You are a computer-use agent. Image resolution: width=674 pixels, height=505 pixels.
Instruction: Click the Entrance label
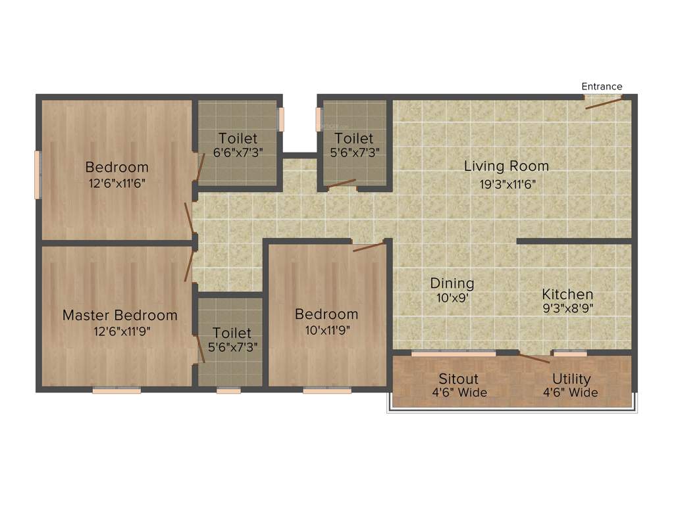pyautogui.click(x=602, y=86)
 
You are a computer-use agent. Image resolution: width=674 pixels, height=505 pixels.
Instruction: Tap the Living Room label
pyautogui.click(x=506, y=166)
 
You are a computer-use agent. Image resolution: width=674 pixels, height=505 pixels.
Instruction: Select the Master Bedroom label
pyautogui.click(x=120, y=315)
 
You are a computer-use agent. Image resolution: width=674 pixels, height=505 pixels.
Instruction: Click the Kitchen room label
pyautogui.click(x=567, y=294)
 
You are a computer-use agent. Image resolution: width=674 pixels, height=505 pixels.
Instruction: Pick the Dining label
pyautogui.click(x=452, y=283)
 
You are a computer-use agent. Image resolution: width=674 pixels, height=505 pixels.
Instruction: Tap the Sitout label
pyautogui.click(x=459, y=379)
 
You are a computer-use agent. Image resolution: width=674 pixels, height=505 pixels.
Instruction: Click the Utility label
pyautogui.click(x=571, y=379)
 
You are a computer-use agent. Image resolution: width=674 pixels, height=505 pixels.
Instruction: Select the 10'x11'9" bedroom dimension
pyautogui.click(x=326, y=330)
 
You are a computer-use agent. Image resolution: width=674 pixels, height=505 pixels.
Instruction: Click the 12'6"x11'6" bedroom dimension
pyautogui.click(x=117, y=183)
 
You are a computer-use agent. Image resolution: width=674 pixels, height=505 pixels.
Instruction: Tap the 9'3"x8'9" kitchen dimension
pyautogui.click(x=567, y=309)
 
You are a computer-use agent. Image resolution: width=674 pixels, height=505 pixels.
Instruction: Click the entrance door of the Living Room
pyautogui.click(x=603, y=101)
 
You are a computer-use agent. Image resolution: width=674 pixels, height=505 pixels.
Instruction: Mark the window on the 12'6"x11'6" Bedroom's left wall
pyautogui.click(x=38, y=174)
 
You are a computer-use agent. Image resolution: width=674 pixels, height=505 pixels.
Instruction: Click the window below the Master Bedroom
pyautogui.click(x=117, y=391)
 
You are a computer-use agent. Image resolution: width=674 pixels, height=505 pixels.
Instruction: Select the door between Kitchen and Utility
pyautogui.click(x=535, y=358)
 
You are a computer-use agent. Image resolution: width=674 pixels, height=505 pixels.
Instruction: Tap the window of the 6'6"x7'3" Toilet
pyautogui.click(x=281, y=118)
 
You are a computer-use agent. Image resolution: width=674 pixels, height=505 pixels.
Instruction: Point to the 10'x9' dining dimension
pyautogui.click(x=452, y=298)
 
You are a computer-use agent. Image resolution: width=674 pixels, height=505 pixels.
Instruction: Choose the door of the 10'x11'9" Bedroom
pyautogui.click(x=369, y=247)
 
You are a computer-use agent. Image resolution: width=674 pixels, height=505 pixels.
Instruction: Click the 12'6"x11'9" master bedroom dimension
pyautogui.click(x=120, y=331)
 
